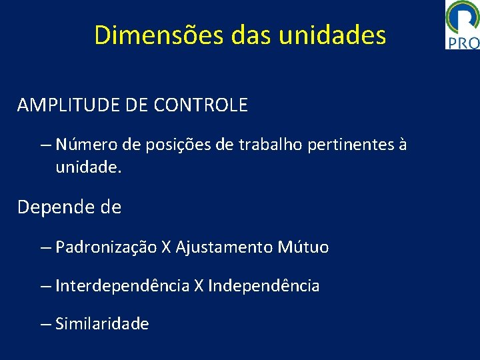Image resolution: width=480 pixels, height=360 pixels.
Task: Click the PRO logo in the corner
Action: point(462,25)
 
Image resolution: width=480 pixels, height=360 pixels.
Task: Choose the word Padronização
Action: point(107,248)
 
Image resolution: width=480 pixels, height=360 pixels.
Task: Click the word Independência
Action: point(264,286)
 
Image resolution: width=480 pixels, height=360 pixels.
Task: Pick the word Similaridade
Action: point(102,324)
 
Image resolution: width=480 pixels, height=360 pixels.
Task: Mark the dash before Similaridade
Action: point(45,324)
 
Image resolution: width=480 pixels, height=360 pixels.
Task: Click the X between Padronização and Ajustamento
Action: point(167,248)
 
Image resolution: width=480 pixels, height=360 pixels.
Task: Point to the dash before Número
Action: point(45,145)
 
